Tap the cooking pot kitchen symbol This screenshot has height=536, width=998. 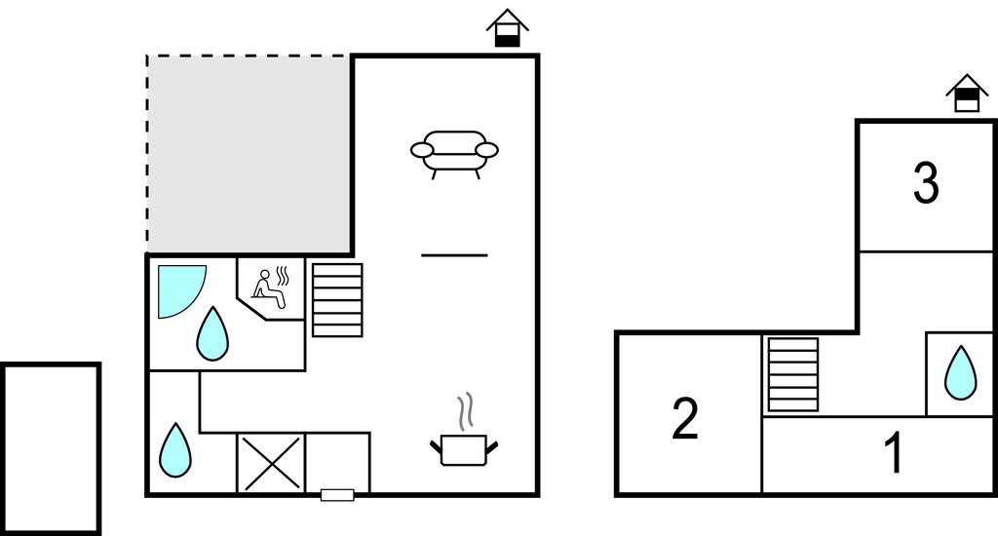[464, 449]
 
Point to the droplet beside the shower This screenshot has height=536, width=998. [212, 335]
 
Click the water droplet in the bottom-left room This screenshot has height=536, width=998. [175, 450]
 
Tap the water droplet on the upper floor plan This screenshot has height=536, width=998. [960, 373]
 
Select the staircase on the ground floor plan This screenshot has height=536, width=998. [337, 300]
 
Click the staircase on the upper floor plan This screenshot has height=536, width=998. [793, 374]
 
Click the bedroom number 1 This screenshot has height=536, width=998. [895, 452]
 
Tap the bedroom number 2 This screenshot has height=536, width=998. [685, 418]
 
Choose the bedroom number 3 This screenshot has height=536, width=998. [926, 182]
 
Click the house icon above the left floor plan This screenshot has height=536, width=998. [508, 27]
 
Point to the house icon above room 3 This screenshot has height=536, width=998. [968, 93]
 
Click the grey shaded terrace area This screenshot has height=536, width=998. [249, 154]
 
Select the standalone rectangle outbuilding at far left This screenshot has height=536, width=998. [51, 449]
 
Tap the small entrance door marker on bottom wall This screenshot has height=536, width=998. [337, 495]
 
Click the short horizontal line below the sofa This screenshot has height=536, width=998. [454, 255]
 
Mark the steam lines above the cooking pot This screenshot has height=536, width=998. [467, 410]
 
